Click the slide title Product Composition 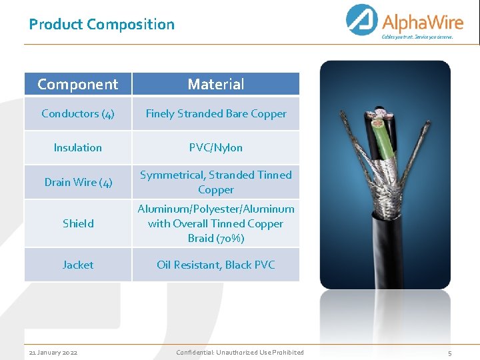[x=101, y=25]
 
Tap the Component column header [x=77, y=84]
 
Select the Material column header [x=215, y=84]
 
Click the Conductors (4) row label [x=77, y=113]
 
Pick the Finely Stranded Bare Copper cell [x=215, y=113]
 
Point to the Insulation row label [x=77, y=147]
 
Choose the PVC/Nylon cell [x=215, y=147]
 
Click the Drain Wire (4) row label [x=77, y=182]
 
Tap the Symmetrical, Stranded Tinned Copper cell [x=215, y=182]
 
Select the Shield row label [x=77, y=223]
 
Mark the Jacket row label [x=77, y=265]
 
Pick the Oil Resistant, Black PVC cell [x=215, y=265]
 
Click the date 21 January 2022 [x=53, y=352]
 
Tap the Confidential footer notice [x=239, y=352]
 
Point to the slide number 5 [x=449, y=353]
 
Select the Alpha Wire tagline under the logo [x=417, y=37]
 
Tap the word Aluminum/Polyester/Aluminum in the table [x=215, y=209]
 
